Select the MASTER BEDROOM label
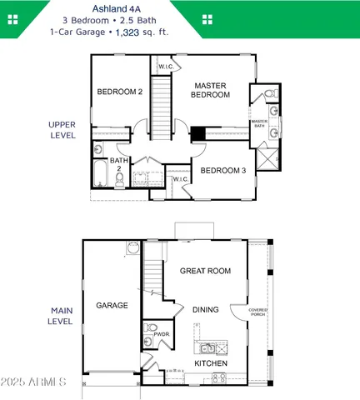pos(212,90)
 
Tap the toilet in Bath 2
pos(98,150)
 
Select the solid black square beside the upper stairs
pos(198,133)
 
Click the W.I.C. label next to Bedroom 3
pos(180,178)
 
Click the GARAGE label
pos(112,306)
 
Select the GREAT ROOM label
pos(205,271)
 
